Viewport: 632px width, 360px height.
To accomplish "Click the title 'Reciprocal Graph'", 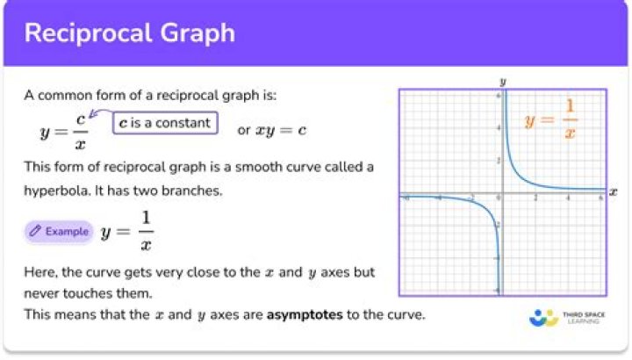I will pos(129,33).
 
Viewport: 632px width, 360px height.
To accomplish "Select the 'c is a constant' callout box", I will pos(164,123).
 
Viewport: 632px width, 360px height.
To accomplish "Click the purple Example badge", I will pos(59,232).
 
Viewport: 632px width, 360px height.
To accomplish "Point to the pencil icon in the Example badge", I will pos(35,232).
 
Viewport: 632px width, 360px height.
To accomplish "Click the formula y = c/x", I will pos(64,131).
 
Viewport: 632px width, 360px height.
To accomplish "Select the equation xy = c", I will pos(280,131).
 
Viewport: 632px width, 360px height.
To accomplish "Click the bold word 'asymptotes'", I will pos(305,313).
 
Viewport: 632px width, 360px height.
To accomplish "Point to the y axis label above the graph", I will pos(503,81).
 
